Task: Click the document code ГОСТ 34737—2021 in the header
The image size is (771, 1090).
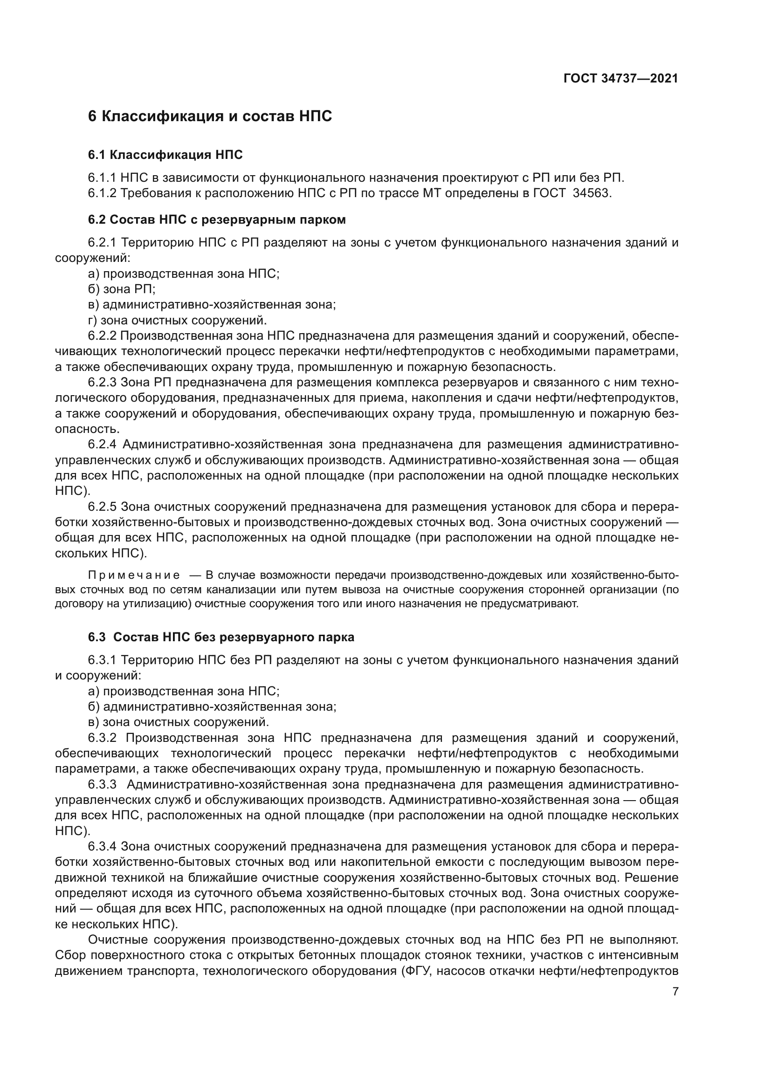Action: click(x=620, y=78)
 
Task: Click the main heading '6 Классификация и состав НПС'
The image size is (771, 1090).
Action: click(x=210, y=116)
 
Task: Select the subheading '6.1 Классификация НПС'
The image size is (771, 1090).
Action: click(x=165, y=155)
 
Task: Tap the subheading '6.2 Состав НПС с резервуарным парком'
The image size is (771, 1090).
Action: click(x=216, y=219)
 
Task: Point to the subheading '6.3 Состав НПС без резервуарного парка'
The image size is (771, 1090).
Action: click(x=221, y=637)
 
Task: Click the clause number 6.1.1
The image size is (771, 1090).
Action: click(x=102, y=178)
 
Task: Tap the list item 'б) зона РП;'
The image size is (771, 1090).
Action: click(x=122, y=289)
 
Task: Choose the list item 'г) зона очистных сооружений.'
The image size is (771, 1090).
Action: click(x=178, y=320)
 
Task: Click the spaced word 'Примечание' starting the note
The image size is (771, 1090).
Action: click(x=134, y=576)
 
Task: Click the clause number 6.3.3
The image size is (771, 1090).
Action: click(x=103, y=784)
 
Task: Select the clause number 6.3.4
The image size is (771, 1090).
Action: click(x=102, y=846)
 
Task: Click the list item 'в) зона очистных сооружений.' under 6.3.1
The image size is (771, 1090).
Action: click(x=179, y=722)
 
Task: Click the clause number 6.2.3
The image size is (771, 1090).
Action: click(x=102, y=383)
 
